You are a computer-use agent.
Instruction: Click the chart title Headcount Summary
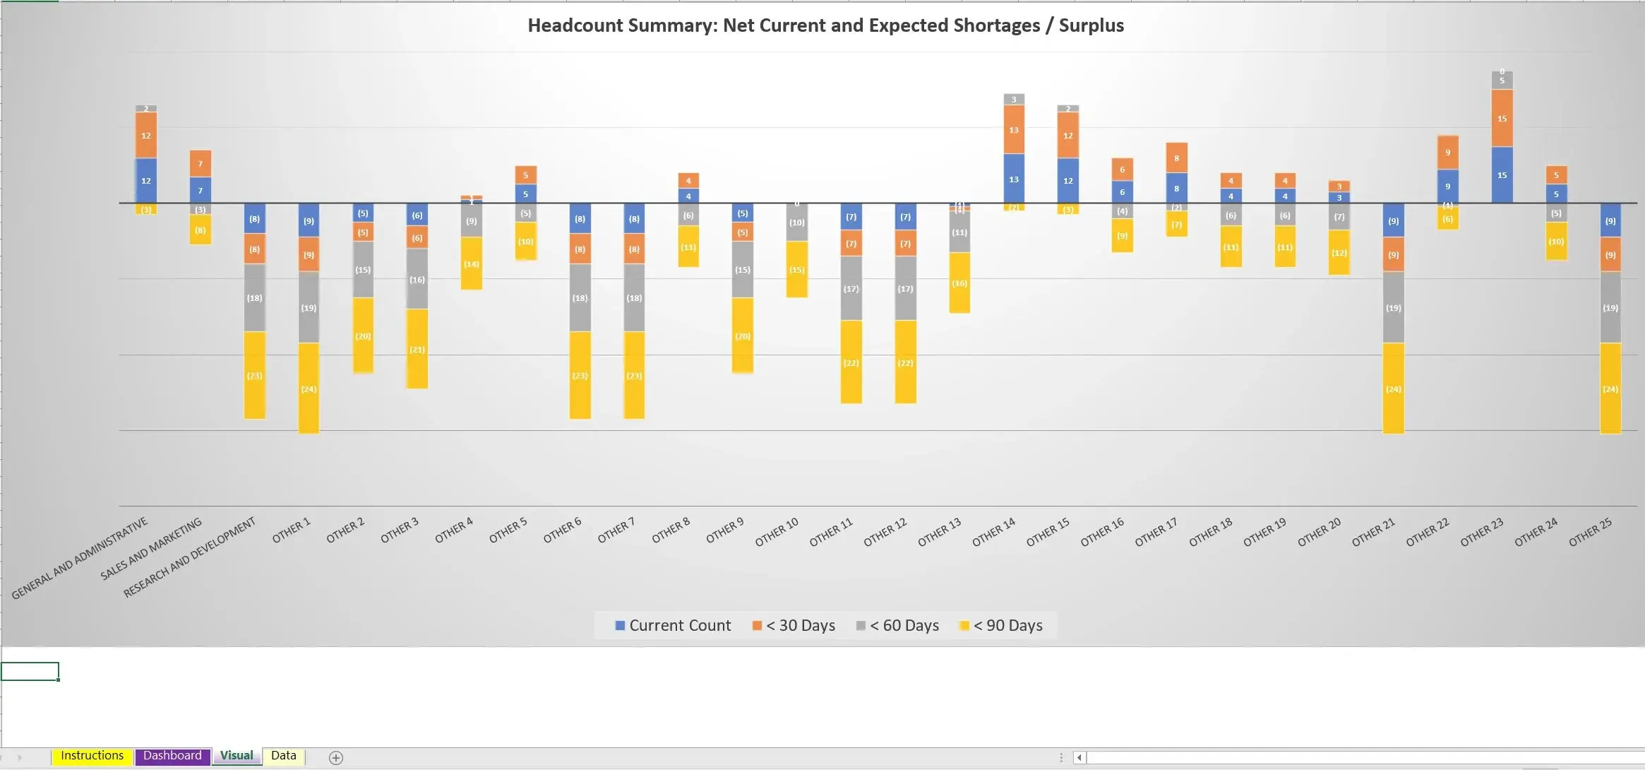click(x=825, y=25)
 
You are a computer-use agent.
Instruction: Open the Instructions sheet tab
click(x=92, y=755)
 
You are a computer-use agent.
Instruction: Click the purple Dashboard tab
click(x=172, y=755)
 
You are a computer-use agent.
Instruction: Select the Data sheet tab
click(x=283, y=755)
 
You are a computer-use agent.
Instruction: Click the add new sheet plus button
click(x=336, y=757)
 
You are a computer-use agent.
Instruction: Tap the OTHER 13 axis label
click(x=939, y=532)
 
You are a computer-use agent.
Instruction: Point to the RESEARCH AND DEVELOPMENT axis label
click(x=189, y=557)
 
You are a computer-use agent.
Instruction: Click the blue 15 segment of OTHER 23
click(x=1502, y=175)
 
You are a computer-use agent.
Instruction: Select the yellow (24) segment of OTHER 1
click(x=309, y=389)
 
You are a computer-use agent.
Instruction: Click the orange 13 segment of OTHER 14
click(x=1014, y=130)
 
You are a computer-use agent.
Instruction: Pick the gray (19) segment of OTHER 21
click(x=1393, y=308)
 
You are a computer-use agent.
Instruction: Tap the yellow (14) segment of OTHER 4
click(x=471, y=263)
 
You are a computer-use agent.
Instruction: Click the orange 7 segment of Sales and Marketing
click(x=200, y=164)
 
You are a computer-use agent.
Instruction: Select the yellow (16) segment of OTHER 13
click(x=959, y=283)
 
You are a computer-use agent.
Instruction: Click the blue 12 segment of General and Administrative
click(x=145, y=181)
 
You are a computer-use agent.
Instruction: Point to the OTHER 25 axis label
click(x=1590, y=532)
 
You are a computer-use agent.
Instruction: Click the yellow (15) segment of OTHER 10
click(x=796, y=270)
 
